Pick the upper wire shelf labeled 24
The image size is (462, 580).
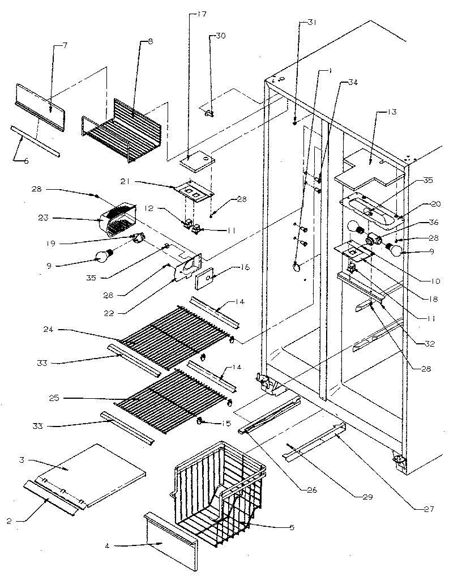coord(170,334)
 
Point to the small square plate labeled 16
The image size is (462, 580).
coord(204,279)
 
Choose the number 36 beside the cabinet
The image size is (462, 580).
coord(433,223)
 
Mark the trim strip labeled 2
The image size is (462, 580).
coord(51,497)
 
